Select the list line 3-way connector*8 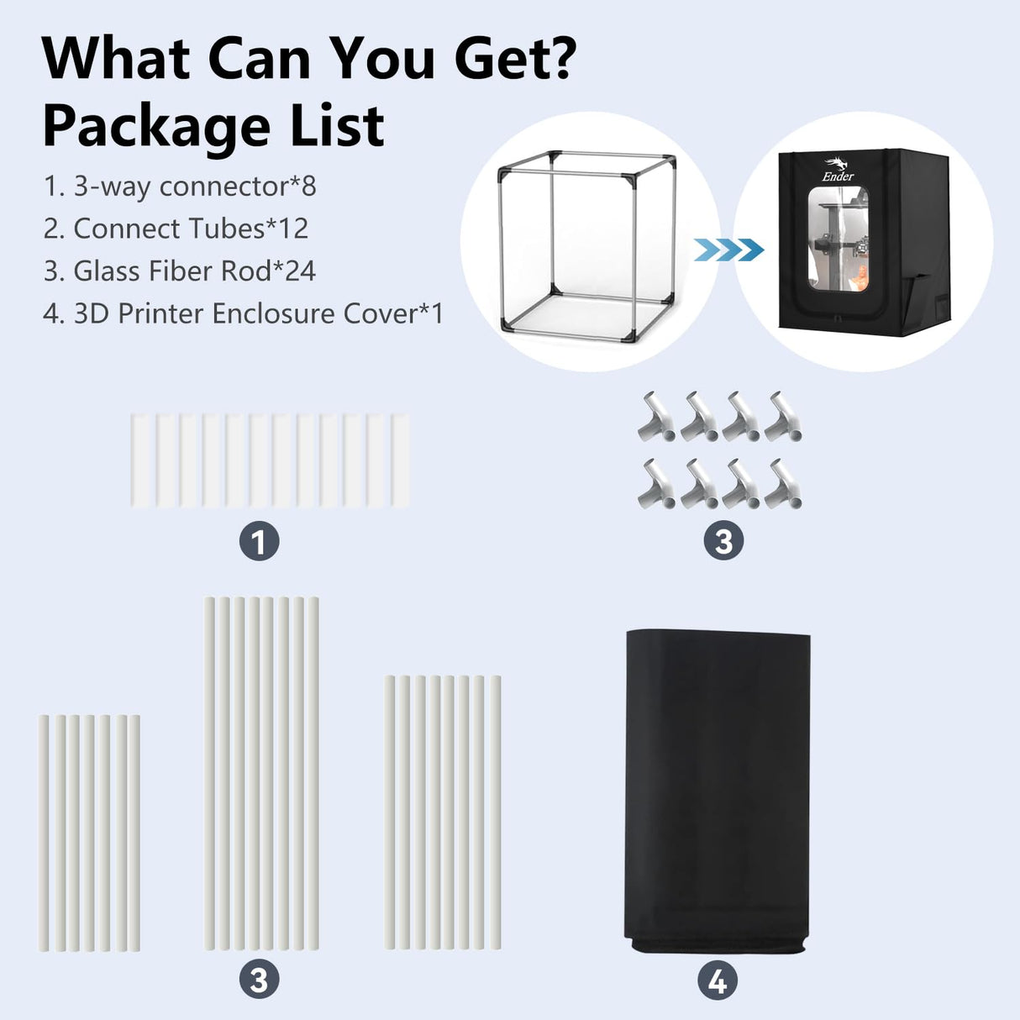pyautogui.click(x=180, y=186)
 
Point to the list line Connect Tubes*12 pyautogui.click(x=176, y=229)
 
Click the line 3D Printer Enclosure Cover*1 pyautogui.click(x=243, y=313)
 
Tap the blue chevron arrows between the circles pyautogui.click(x=728, y=250)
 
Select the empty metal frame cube pyautogui.click(x=586, y=244)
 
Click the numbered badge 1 pyautogui.click(x=259, y=542)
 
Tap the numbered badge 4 pyautogui.click(x=718, y=981)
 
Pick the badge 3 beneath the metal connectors pyautogui.click(x=723, y=542)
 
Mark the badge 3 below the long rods pyautogui.click(x=259, y=981)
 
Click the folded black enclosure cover pyautogui.click(x=718, y=790)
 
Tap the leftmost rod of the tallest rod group pyautogui.click(x=209, y=773)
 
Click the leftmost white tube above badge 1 pyautogui.click(x=139, y=460)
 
